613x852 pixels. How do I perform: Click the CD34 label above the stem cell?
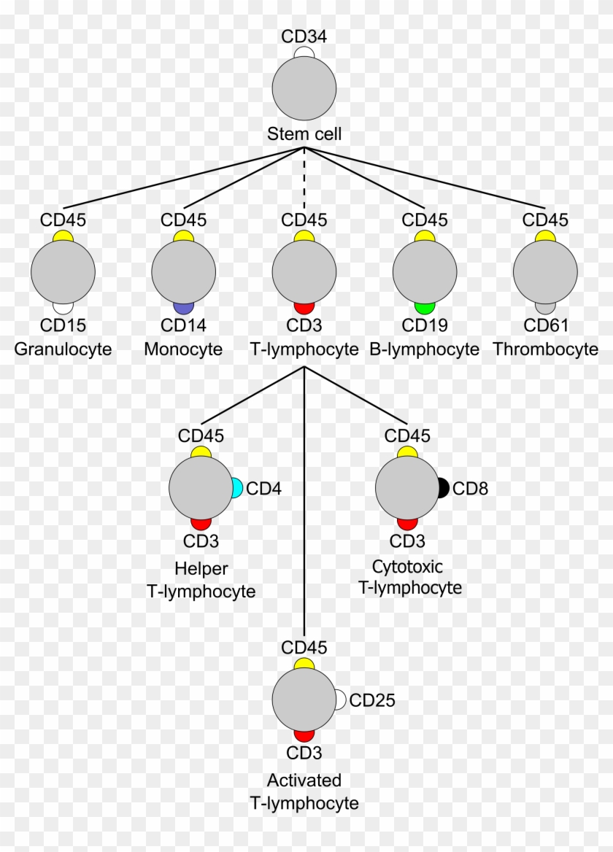click(x=304, y=36)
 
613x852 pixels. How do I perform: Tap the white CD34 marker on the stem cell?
click(x=304, y=53)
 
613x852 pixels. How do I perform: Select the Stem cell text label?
click(x=304, y=134)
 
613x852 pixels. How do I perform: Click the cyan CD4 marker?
click(x=237, y=488)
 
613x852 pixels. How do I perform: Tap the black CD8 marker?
click(x=443, y=488)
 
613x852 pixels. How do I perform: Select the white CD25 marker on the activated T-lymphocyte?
click(x=339, y=700)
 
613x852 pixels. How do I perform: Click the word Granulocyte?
click(x=63, y=349)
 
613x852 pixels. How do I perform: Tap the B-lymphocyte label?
click(x=425, y=349)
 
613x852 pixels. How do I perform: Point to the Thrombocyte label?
click(x=545, y=349)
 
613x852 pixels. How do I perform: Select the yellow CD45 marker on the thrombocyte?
click(x=545, y=236)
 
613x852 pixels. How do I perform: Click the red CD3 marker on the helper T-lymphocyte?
click(x=201, y=524)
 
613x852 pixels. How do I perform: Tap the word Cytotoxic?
click(x=407, y=567)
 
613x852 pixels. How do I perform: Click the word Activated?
click(x=304, y=781)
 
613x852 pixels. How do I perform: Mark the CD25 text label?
click(x=372, y=701)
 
